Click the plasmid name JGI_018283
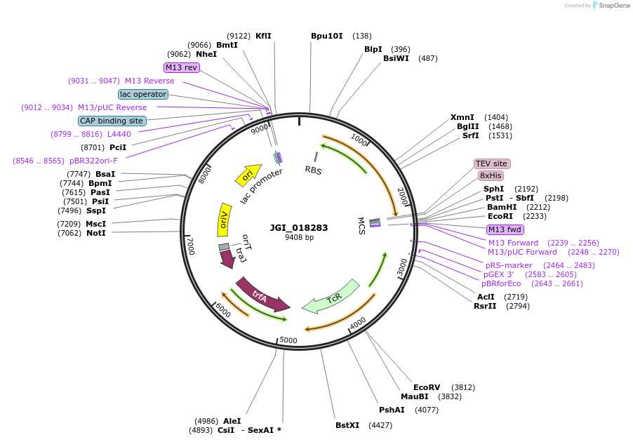pyautogui.click(x=299, y=227)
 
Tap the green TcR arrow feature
pyautogui.click(x=331, y=296)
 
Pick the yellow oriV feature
pyautogui.click(x=224, y=220)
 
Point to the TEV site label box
pyautogui.click(x=491, y=163)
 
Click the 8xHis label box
pyautogui.click(x=491, y=175)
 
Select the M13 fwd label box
pyautogui.click(x=505, y=229)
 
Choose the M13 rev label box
pyautogui.click(x=182, y=67)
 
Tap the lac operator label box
pyautogui.click(x=143, y=94)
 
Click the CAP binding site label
pyautogui.click(x=112, y=121)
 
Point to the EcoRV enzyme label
pyautogui.click(x=427, y=387)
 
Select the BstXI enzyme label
pyautogui.click(x=347, y=424)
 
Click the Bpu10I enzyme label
pyautogui.click(x=327, y=36)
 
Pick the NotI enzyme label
pyautogui.click(x=96, y=232)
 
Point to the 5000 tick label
pyautogui.click(x=289, y=340)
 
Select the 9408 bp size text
pyautogui.click(x=300, y=238)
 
